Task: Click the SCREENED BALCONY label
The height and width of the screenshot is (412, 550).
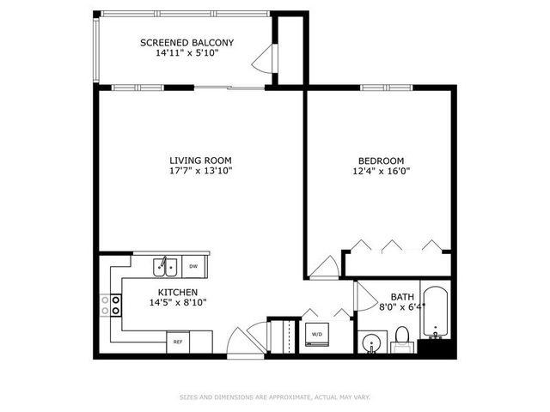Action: pyautogui.click(x=186, y=42)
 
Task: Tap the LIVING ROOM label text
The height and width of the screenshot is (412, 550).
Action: pyautogui.click(x=199, y=160)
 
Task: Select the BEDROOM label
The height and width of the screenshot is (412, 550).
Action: pyautogui.click(x=381, y=160)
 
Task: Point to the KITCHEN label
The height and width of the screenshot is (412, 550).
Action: pyautogui.click(x=178, y=293)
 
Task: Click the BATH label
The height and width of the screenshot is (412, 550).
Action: pyautogui.click(x=402, y=296)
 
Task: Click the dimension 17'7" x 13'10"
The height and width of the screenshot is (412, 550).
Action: pyautogui.click(x=199, y=170)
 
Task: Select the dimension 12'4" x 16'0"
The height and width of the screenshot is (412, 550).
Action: pyautogui.click(x=381, y=170)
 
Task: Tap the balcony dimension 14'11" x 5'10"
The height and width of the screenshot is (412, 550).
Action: pyautogui.click(x=186, y=52)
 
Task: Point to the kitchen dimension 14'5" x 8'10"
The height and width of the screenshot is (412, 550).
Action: pyautogui.click(x=178, y=302)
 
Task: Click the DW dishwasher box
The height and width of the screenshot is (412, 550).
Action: pyautogui.click(x=193, y=266)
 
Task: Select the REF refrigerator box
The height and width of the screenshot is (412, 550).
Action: pyautogui.click(x=178, y=342)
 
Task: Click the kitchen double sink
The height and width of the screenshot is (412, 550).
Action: pyautogui.click(x=166, y=267)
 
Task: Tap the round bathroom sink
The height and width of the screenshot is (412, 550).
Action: pyautogui.click(x=371, y=342)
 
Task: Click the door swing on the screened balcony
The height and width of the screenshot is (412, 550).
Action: pyautogui.click(x=264, y=62)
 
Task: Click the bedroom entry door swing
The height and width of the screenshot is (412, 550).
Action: pyautogui.click(x=324, y=269)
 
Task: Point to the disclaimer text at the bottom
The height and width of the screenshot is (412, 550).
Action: pyautogui.click(x=274, y=397)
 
